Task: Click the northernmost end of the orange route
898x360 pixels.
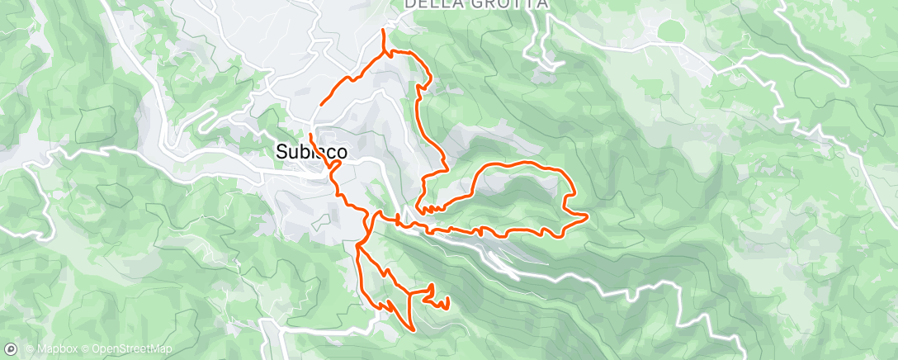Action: point(383,31)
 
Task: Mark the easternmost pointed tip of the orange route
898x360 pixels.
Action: point(586,217)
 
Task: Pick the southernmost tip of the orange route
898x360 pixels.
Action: point(414,328)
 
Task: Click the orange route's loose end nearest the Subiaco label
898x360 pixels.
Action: point(311,134)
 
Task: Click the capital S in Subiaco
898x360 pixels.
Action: point(280,152)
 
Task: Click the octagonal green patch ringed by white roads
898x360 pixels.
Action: point(669,31)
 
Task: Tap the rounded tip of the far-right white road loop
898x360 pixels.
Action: point(844,80)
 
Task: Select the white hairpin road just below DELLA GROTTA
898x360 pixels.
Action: point(545,58)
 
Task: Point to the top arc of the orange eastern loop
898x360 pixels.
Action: point(520,164)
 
